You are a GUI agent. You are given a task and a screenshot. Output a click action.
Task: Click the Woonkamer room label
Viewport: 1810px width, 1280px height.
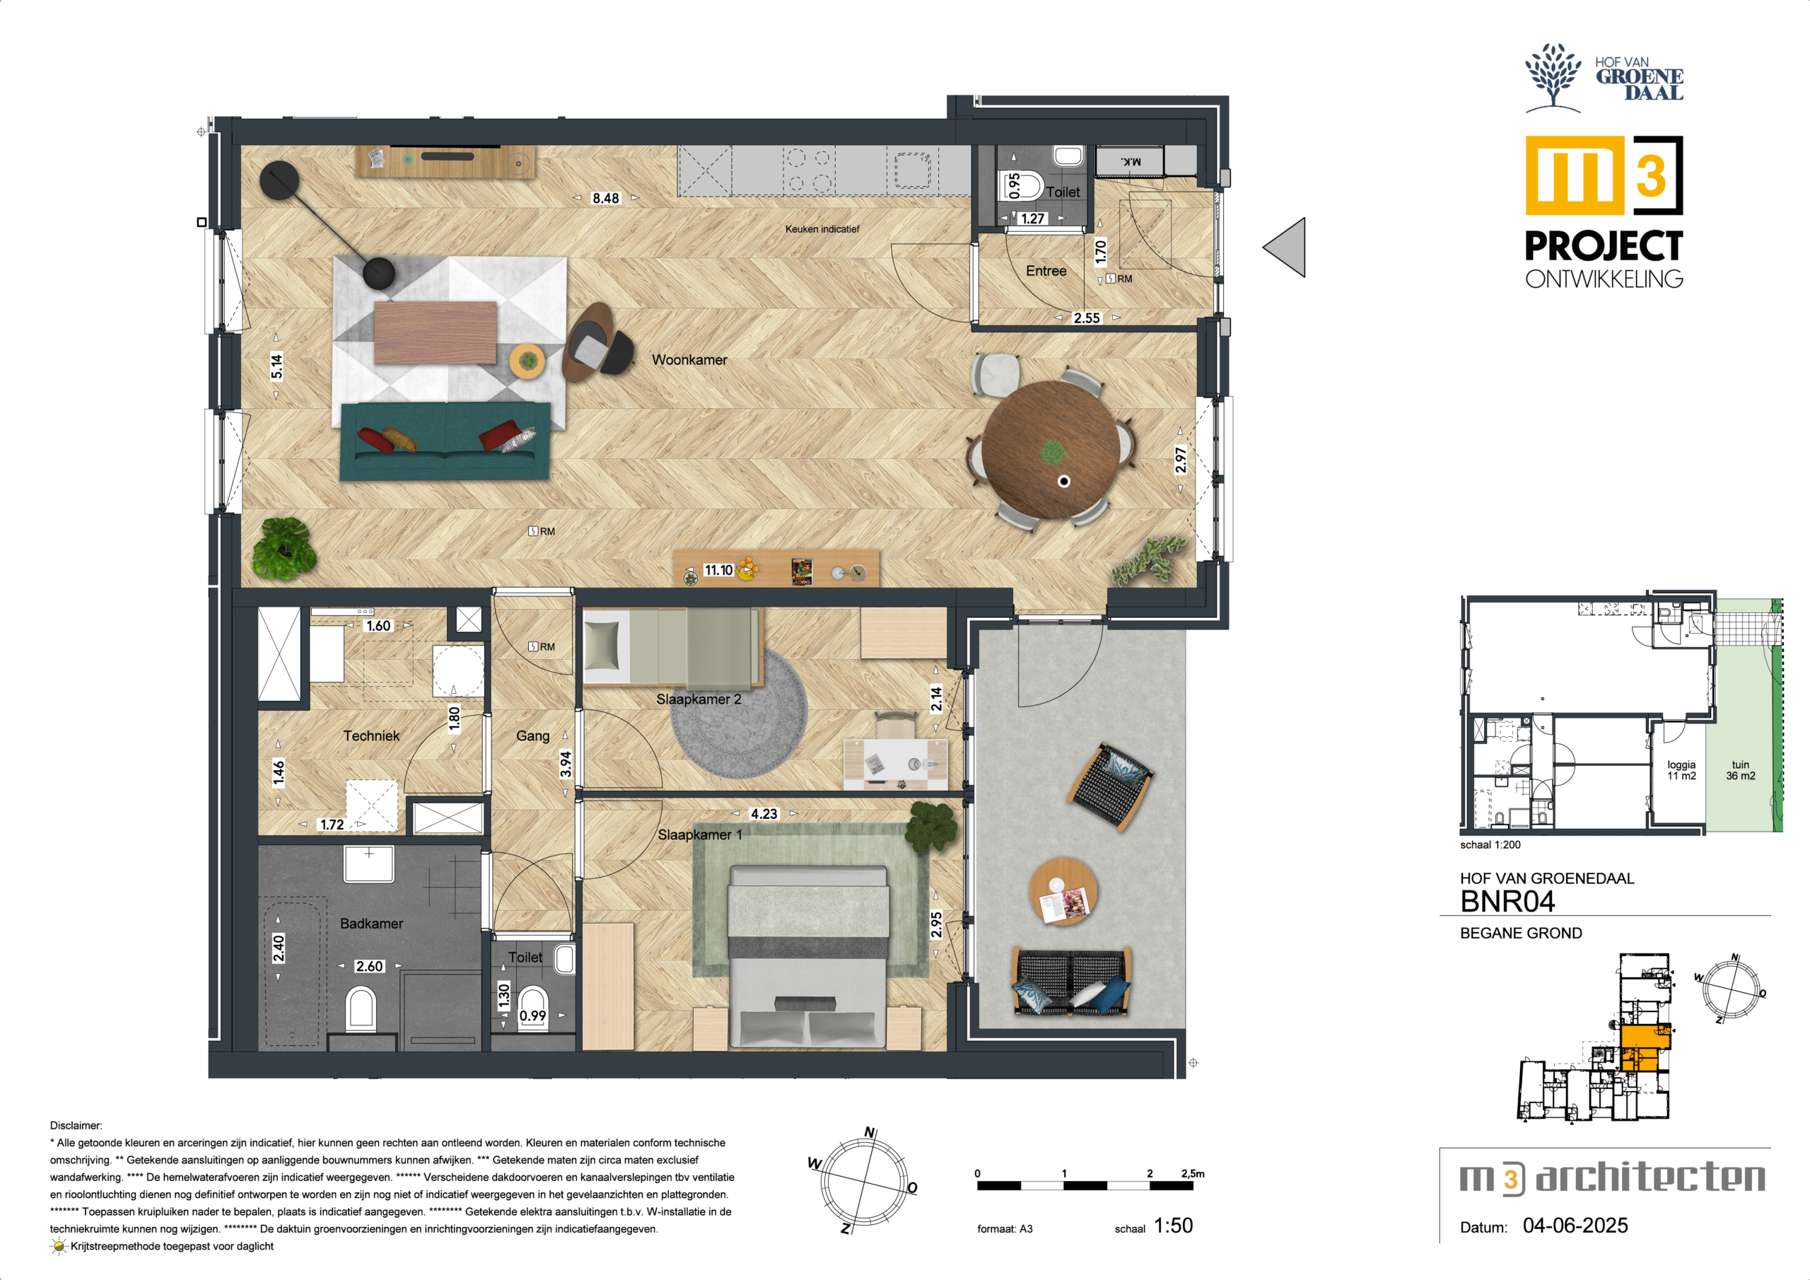click(x=689, y=360)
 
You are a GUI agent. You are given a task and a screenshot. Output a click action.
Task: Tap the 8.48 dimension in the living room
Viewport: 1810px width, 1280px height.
click(x=605, y=198)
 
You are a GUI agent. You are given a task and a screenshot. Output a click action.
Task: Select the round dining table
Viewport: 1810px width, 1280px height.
click(x=1050, y=450)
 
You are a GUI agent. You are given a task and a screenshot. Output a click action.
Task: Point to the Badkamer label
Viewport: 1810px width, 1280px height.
click(x=371, y=923)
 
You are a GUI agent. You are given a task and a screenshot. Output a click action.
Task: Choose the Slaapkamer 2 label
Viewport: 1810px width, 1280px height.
click(x=699, y=699)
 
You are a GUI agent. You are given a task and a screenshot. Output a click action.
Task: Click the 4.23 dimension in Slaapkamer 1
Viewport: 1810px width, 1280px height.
click(x=763, y=813)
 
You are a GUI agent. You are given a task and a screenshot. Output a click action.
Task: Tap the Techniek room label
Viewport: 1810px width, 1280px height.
click(x=371, y=735)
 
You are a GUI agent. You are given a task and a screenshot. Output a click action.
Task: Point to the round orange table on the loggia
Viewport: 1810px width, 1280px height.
click(x=1063, y=892)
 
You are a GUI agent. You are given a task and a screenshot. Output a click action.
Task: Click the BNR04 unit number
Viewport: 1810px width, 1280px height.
click(x=1507, y=901)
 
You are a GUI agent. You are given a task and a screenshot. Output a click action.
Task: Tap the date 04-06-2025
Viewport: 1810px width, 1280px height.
click(x=1575, y=1225)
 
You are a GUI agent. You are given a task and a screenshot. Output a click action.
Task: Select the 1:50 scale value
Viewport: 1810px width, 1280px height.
click(x=1173, y=1225)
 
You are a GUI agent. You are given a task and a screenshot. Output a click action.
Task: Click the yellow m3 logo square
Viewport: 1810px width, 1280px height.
click(x=1575, y=175)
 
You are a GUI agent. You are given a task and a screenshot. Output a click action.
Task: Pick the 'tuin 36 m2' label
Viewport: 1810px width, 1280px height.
click(x=1741, y=769)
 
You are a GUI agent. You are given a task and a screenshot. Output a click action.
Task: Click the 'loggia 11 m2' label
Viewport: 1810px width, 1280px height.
click(x=1681, y=769)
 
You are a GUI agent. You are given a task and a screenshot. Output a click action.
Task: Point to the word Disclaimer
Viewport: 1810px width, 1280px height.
click(x=76, y=1125)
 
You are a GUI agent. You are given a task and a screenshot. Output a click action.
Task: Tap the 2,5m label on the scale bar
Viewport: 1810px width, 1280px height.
click(x=1193, y=1173)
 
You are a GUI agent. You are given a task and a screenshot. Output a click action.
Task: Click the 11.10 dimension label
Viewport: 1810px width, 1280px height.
click(x=718, y=569)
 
